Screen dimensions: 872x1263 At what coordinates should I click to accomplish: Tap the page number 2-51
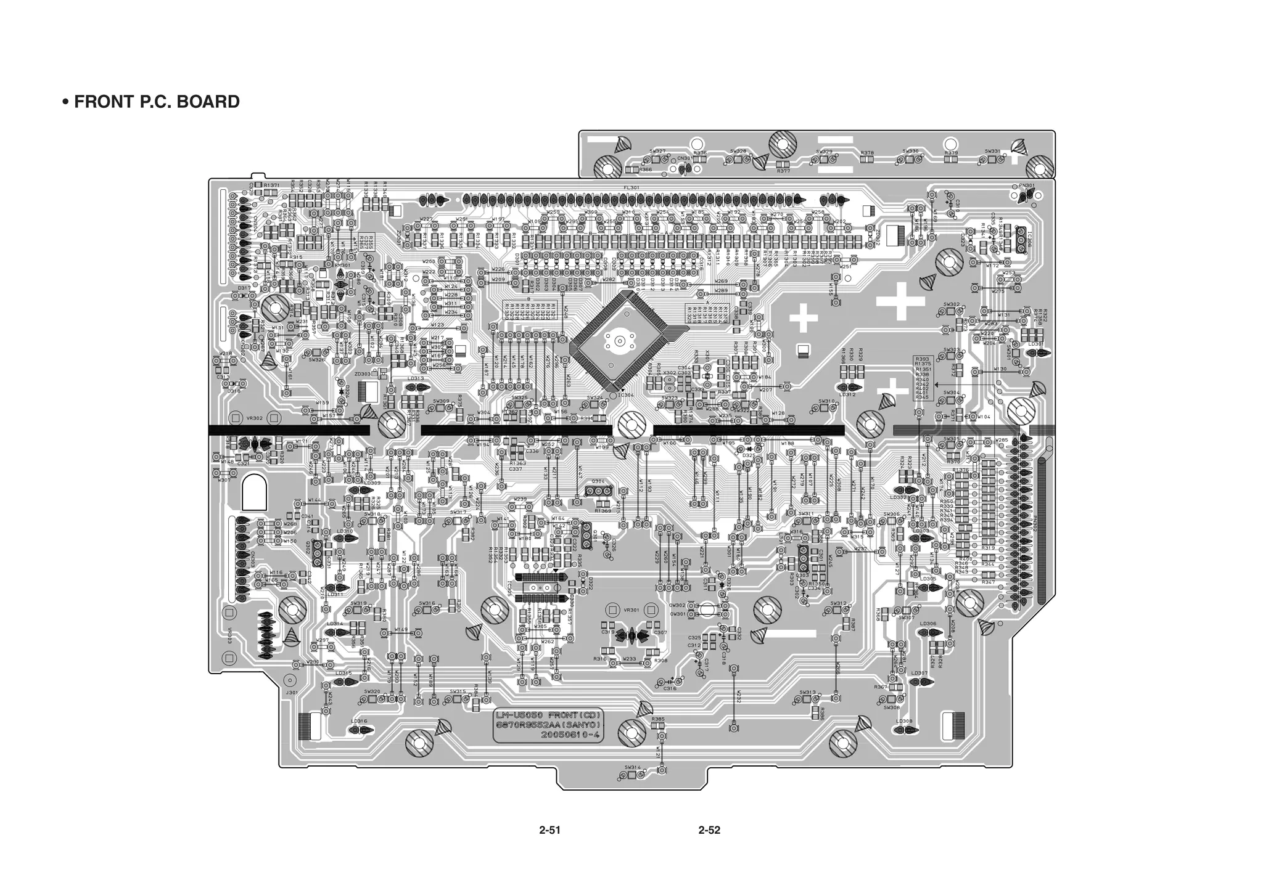tap(549, 830)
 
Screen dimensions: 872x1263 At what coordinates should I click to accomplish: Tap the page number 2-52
tap(709, 830)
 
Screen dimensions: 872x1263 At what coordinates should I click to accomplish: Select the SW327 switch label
tap(657, 151)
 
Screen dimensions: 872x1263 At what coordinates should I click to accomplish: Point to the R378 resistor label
tap(867, 152)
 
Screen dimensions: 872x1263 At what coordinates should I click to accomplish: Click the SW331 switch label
tap(992, 151)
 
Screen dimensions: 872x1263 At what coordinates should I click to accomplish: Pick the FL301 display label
tap(631, 188)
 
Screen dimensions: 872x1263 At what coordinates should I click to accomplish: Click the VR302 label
tap(255, 418)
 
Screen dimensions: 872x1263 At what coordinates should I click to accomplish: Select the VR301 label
tap(631, 610)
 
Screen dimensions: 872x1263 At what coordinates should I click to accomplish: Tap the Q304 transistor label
tap(598, 481)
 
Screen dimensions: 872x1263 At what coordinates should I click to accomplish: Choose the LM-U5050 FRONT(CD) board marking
tap(548, 715)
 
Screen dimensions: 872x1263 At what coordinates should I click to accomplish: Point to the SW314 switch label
tap(633, 767)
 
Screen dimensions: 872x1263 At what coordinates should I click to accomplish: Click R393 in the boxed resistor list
tap(923, 359)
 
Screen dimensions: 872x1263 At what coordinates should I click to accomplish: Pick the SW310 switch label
tap(827, 401)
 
